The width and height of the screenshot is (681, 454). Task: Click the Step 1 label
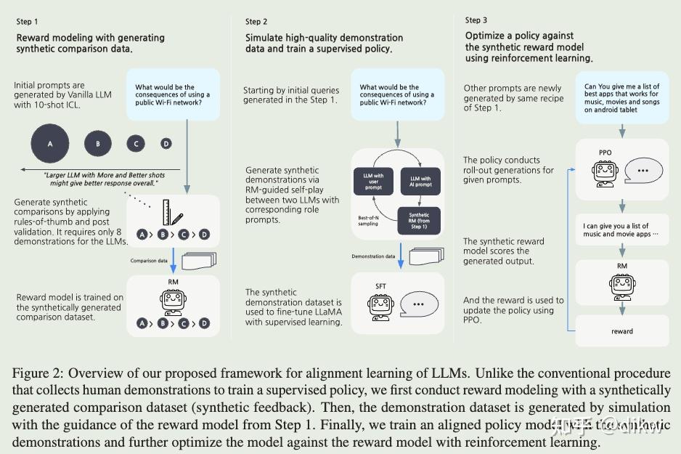[28, 22]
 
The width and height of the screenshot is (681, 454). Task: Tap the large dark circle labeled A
[50, 143]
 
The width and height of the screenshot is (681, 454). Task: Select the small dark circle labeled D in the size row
[166, 143]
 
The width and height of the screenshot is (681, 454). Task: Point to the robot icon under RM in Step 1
[172, 301]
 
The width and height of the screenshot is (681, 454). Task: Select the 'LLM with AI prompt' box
[420, 179]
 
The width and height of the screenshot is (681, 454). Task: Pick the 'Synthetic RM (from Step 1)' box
[418, 219]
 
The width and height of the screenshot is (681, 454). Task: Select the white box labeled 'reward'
[621, 331]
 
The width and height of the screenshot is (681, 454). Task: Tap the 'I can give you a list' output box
[621, 230]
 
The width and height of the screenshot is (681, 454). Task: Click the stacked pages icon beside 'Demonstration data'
[423, 256]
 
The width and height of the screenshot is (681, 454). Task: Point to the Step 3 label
[476, 20]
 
